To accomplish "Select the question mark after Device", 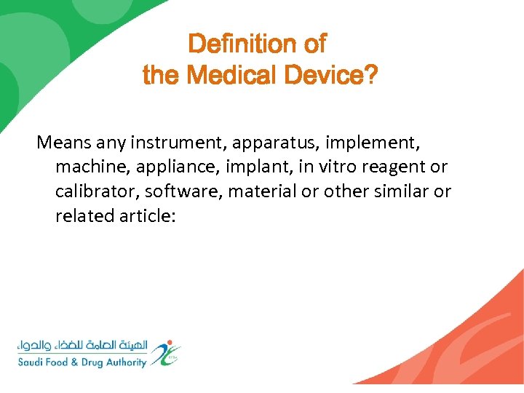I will click(370, 74).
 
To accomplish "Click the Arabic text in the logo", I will click(86, 345).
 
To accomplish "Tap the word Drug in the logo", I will click(88, 362).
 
